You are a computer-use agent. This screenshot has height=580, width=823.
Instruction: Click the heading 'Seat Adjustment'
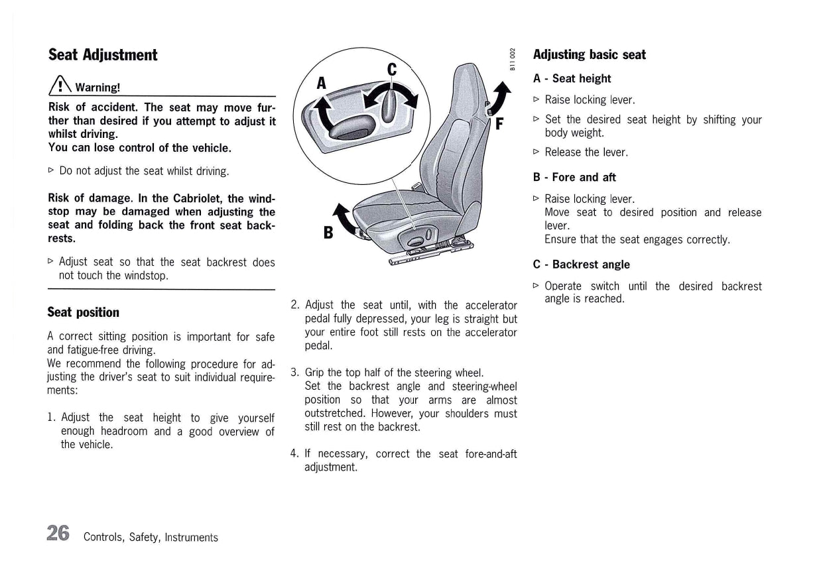click(x=103, y=55)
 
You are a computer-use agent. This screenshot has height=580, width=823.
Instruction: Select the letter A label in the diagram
click(x=322, y=82)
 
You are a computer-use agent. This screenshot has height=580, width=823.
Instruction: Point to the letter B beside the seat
click(x=328, y=232)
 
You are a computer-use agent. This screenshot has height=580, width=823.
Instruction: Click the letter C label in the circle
click(x=391, y=69)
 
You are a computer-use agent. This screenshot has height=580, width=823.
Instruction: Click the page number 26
click(x=58, y=533)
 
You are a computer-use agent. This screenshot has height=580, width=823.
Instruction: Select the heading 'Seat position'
click(x=84, y=312)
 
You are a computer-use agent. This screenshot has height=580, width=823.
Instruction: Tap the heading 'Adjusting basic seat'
click(x=589, y=55)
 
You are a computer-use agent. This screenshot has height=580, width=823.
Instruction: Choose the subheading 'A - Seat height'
click(x=572, y=79)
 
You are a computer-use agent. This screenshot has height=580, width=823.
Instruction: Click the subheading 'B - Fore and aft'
click(x=574, y=178)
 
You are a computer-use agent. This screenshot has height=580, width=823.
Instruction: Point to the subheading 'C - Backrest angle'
click(x=581, y=264)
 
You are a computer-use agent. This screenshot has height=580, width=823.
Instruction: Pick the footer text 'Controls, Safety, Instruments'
click(x=151, y=537)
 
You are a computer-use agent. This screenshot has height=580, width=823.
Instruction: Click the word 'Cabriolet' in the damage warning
click(x=198, y=199)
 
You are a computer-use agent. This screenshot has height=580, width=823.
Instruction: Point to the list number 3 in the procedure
click(x=294, y=373)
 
